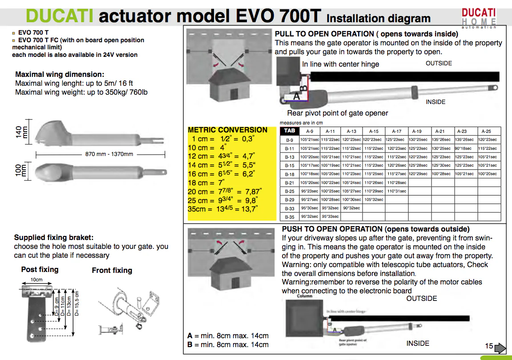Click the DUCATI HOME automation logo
point(479,18)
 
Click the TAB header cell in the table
point(289,131)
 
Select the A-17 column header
point(396,131)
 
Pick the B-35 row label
point(289,217)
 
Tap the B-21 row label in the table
point(289,183)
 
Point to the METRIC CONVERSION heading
point(227,130)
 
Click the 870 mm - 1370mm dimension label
point(109,154)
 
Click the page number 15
point(489,346)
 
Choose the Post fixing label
point(40,269)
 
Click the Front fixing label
point(112,270)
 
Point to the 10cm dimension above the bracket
point(36,280)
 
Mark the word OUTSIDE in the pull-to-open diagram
point(439,63)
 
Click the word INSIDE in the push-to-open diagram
point(418,343)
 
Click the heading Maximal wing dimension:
point(60,74)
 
